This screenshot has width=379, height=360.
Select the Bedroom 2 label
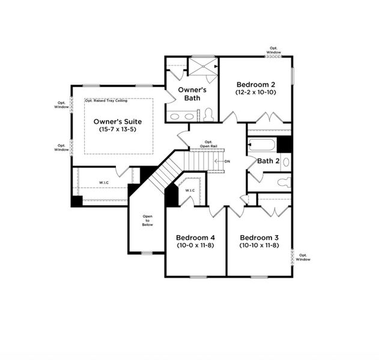click(255, 85)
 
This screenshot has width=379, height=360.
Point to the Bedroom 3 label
click(258, 237)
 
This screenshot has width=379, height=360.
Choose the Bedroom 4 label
click(196, 237)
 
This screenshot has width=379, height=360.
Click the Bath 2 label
click(268, 161)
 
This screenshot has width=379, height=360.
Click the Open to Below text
click(147, 220)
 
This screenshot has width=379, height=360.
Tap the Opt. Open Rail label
click(208, 145)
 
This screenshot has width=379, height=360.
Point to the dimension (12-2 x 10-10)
click(255, 93)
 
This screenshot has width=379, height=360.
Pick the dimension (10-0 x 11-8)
click(196, 245)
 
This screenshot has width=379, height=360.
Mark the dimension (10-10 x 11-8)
click(258, 245)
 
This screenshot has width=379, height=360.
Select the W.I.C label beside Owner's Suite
click(104, 183)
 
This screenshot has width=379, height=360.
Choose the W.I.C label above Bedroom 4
click(190, 191)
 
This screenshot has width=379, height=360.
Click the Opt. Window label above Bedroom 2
click(274, 50)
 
